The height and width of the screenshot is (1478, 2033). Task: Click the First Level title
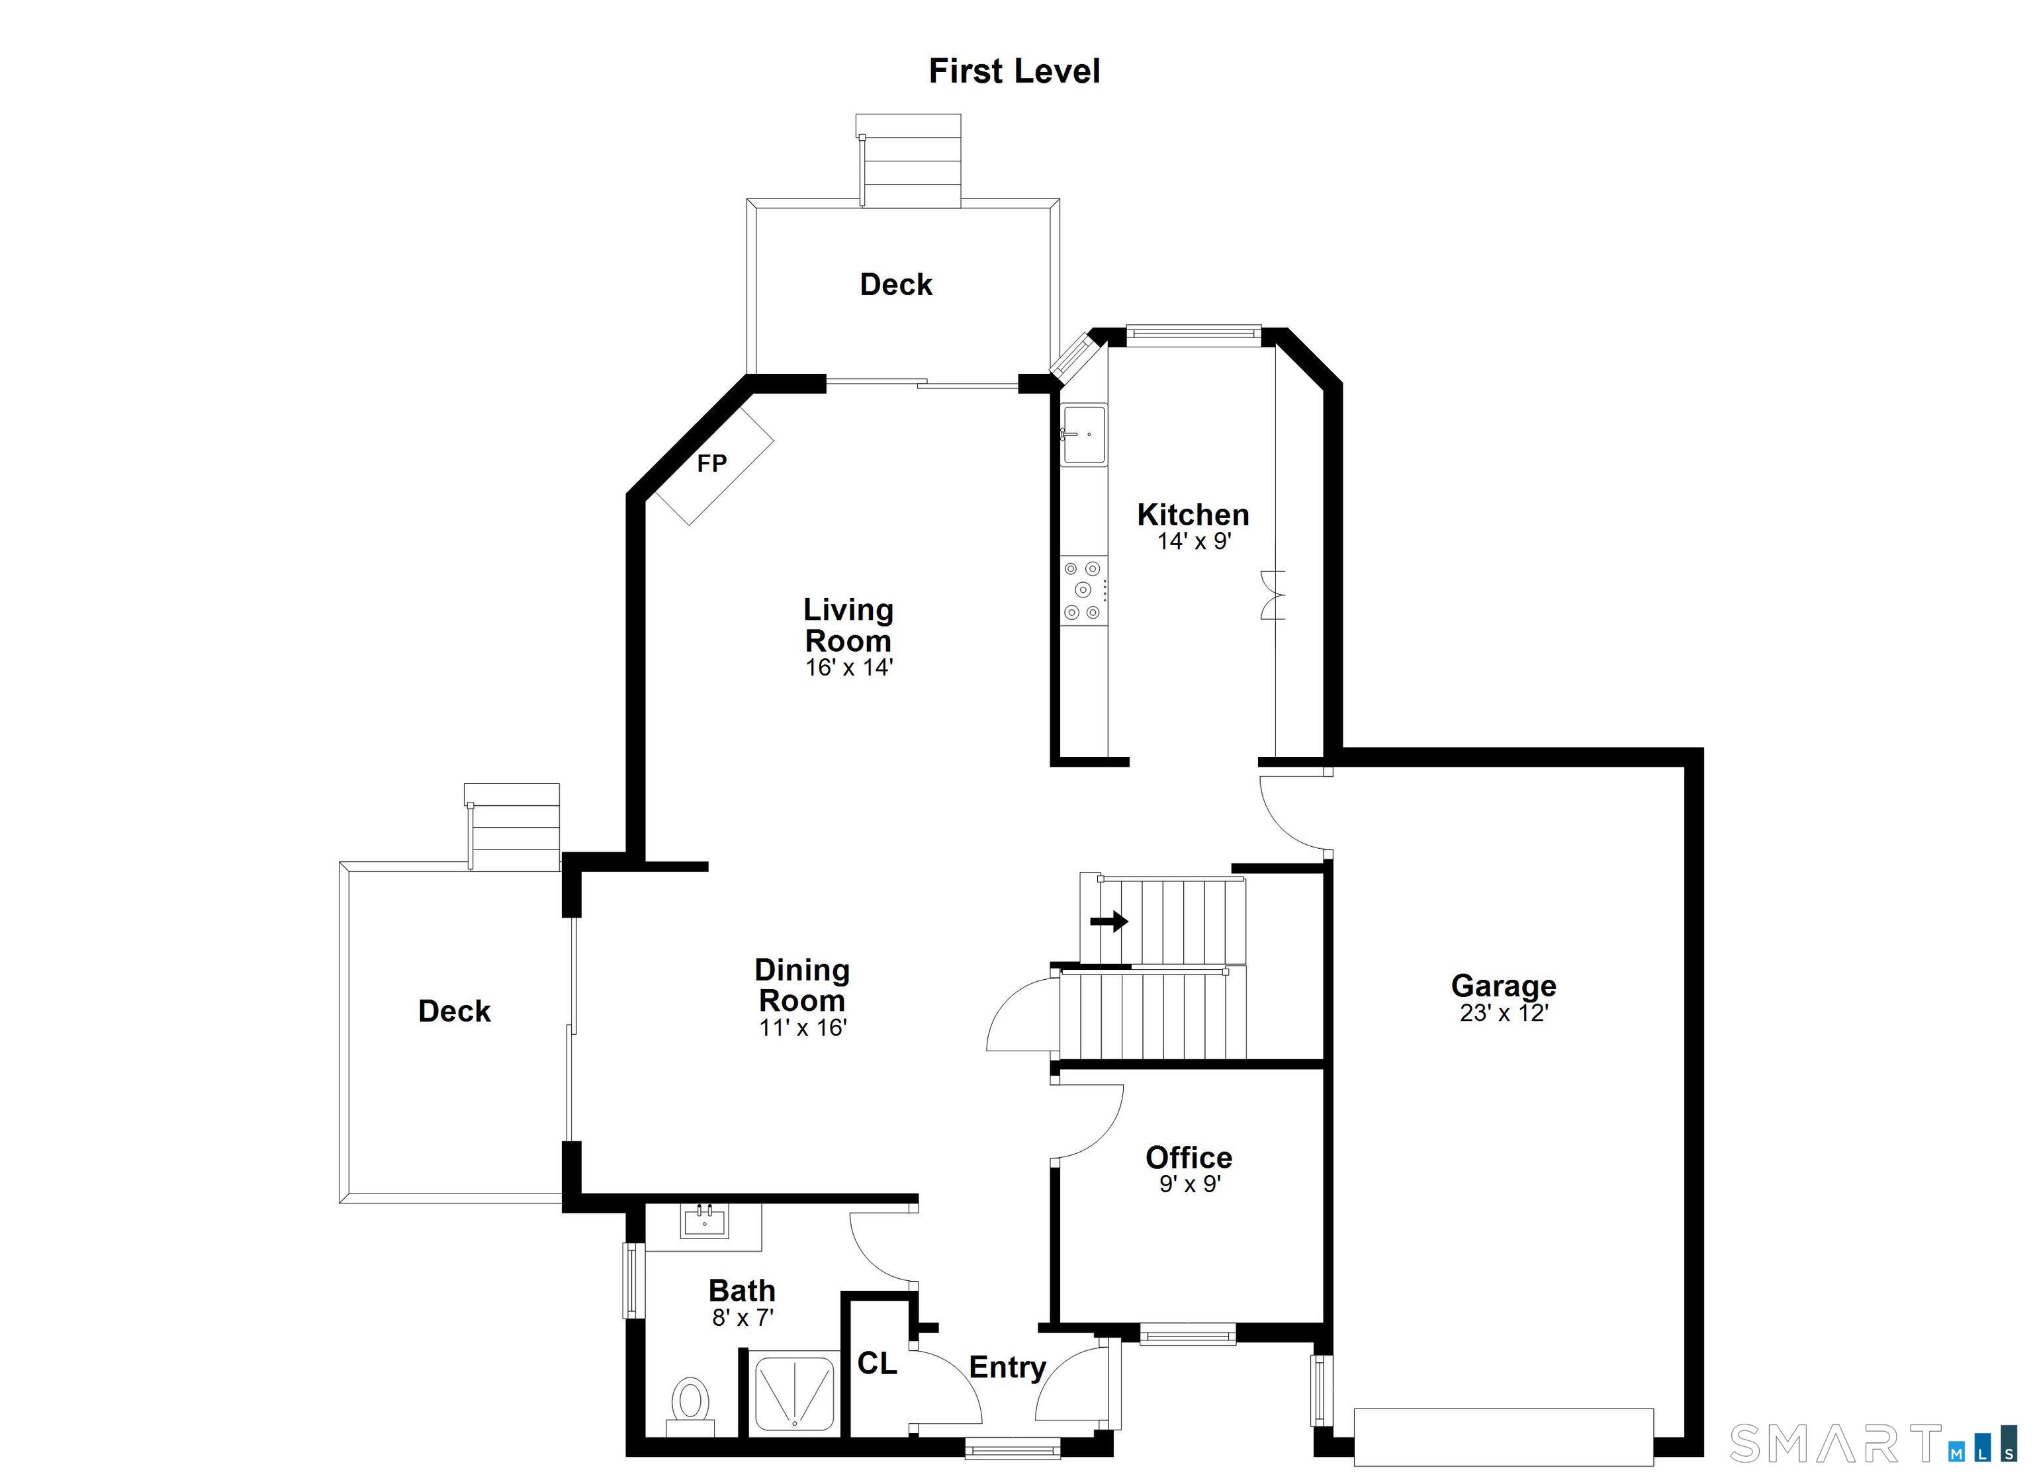(x=1014, y=71)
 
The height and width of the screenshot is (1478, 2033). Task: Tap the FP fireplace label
(x=711, y=463)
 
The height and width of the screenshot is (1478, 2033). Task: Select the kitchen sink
(x=1084, y=434)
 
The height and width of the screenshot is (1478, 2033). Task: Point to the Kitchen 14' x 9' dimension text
(x=1194, y=541)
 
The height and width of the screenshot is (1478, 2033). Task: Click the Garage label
(x=1503, y=985)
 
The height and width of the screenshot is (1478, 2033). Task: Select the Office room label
(x=1189, y=1157)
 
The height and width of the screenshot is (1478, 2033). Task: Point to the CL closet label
(x=877, y=1364)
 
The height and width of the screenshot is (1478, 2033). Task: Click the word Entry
(x=1007, y=1368)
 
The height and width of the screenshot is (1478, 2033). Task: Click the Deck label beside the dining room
(x=455, y=1011)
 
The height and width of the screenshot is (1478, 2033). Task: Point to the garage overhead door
(x=1503, y=1437)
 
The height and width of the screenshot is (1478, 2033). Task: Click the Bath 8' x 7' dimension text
(x=743, y=1317)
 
